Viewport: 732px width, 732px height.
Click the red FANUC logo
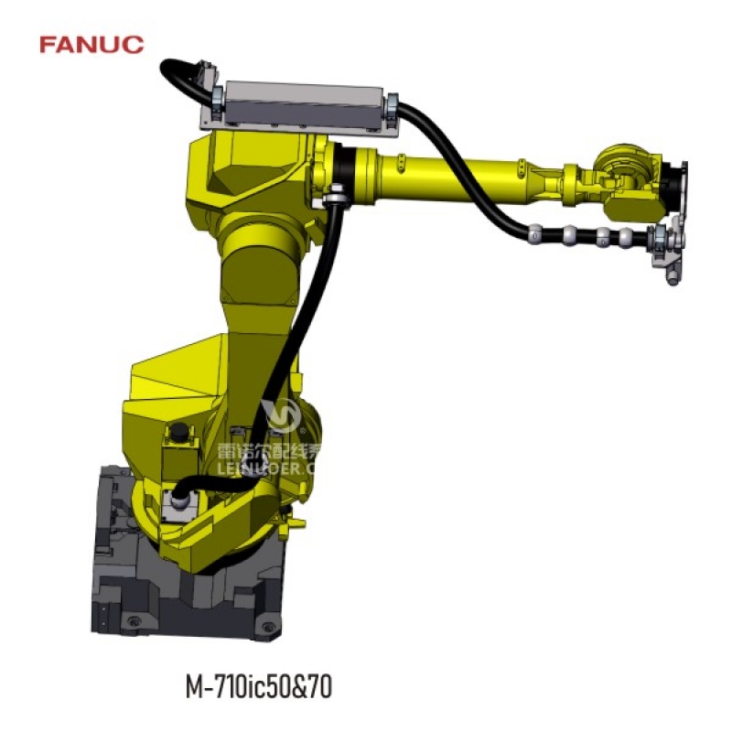click(91, 43)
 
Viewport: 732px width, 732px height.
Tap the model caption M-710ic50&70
click(258, 685)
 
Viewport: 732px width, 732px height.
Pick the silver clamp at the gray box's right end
click(393, 106)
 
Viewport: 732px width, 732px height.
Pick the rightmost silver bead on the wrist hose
click(626, 239)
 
